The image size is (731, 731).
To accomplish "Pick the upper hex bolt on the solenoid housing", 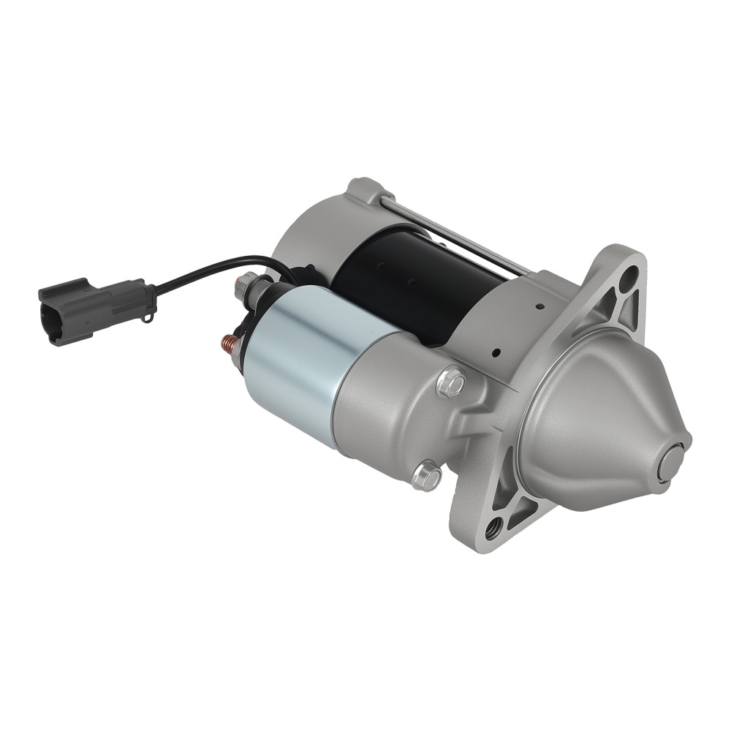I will [x=452, y=382].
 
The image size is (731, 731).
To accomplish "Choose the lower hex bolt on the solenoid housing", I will [x=427, y=476].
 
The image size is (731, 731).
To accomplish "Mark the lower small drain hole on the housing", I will [x=496, y=353].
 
